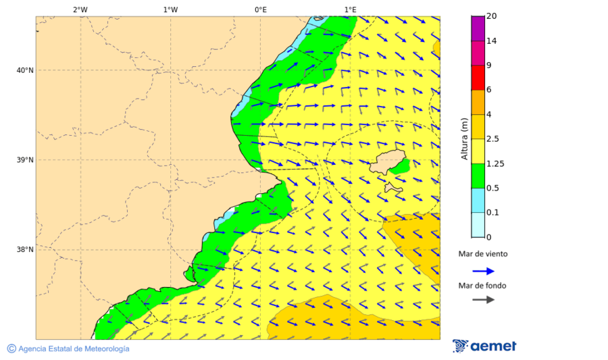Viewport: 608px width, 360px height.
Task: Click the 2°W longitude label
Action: [80, 9]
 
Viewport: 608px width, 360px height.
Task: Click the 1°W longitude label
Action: [170, 9]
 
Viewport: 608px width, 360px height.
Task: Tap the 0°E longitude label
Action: [260, 9]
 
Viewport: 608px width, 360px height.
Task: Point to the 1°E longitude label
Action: [350, 9]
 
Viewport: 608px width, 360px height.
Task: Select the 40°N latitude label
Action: [25, 70]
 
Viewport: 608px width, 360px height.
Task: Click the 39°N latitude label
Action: [25, 160]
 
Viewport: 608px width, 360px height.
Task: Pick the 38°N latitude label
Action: [25, 250]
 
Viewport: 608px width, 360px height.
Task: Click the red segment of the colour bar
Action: [478, 78]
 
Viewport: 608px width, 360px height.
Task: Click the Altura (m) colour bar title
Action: [464, 138]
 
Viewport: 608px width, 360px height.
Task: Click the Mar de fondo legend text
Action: [482, 286]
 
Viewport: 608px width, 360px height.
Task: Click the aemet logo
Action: [484, 346]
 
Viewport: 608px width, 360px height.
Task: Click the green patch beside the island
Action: [401, 165]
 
